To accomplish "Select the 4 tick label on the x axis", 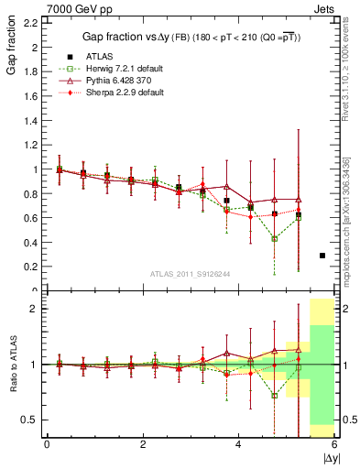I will (238, 444).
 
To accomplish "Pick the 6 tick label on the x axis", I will (334, 444).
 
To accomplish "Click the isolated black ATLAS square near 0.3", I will (322, 256).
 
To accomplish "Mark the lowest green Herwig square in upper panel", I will (275, 238).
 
